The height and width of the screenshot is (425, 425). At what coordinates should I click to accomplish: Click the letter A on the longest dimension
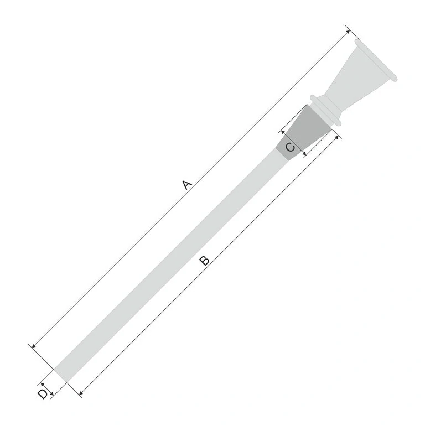[x=187, y=185]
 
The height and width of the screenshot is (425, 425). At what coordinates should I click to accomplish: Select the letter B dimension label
[x=204, y=260]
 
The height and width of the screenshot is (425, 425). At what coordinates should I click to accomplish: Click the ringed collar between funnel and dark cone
[x=326, y=109]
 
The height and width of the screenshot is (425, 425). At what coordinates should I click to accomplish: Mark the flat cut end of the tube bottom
[x=60, y=375]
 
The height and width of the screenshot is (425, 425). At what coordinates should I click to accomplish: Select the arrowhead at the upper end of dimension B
[x=335, y=138]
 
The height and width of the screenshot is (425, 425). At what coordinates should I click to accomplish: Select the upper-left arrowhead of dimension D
[x=42, y=383]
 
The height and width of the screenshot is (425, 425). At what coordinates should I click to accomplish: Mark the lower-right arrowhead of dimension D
[x=51, y=393]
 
